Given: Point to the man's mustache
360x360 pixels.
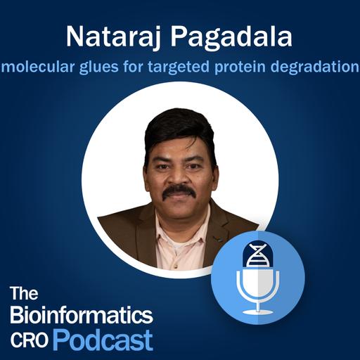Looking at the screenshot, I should (179, 191).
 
